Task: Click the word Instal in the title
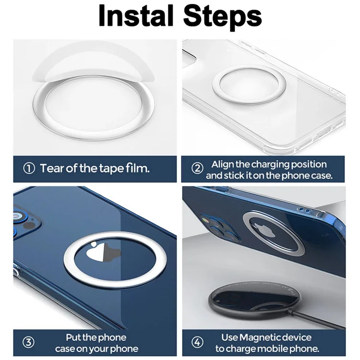136,15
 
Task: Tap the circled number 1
29,168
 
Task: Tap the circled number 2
197,168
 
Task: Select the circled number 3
28,342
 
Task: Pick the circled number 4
197,342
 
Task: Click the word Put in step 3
73,337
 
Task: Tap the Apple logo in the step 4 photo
264,231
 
